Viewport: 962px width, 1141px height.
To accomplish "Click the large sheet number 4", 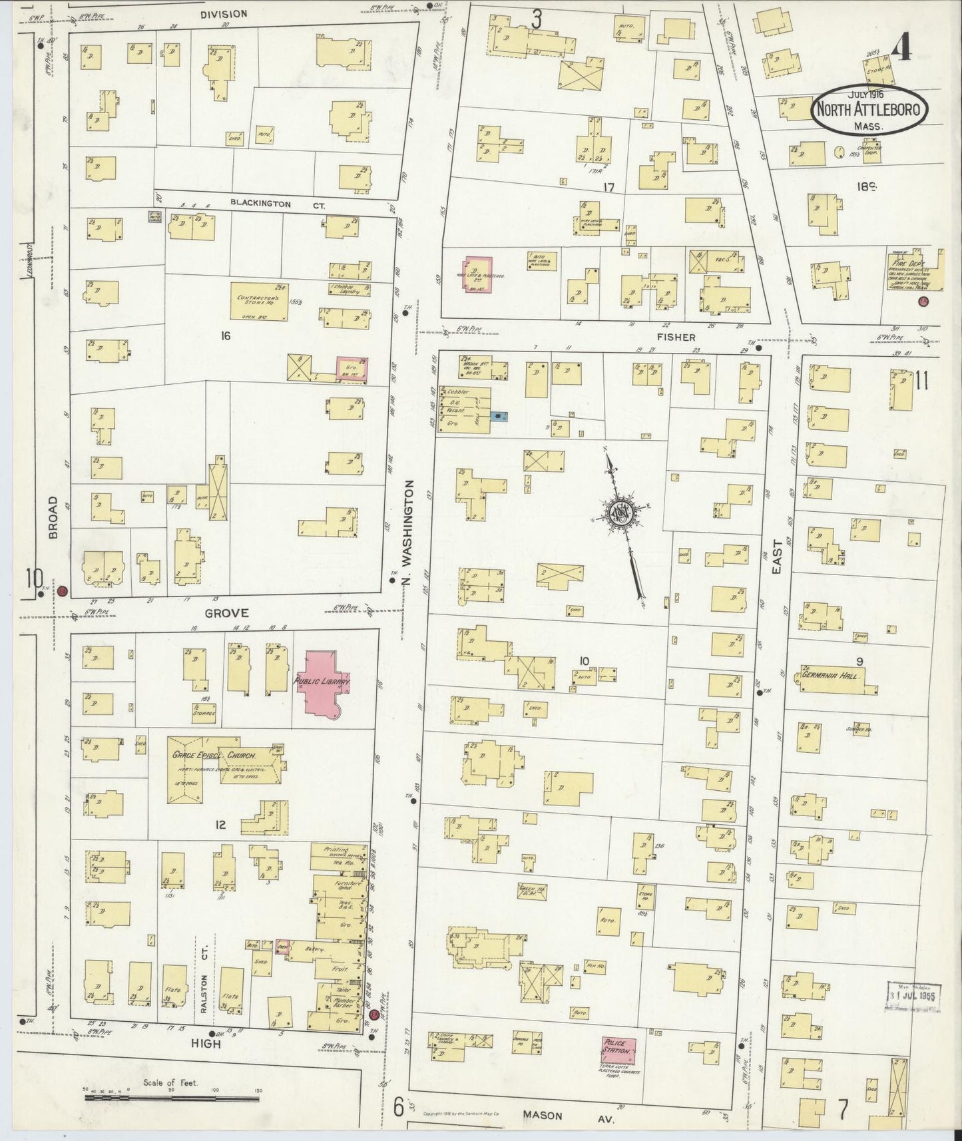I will pos(902,47).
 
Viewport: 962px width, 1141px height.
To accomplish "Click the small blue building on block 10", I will pos(499,417).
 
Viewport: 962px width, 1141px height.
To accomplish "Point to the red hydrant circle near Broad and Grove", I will pos(62,590).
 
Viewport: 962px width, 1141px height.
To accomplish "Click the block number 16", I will pos(226,336).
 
